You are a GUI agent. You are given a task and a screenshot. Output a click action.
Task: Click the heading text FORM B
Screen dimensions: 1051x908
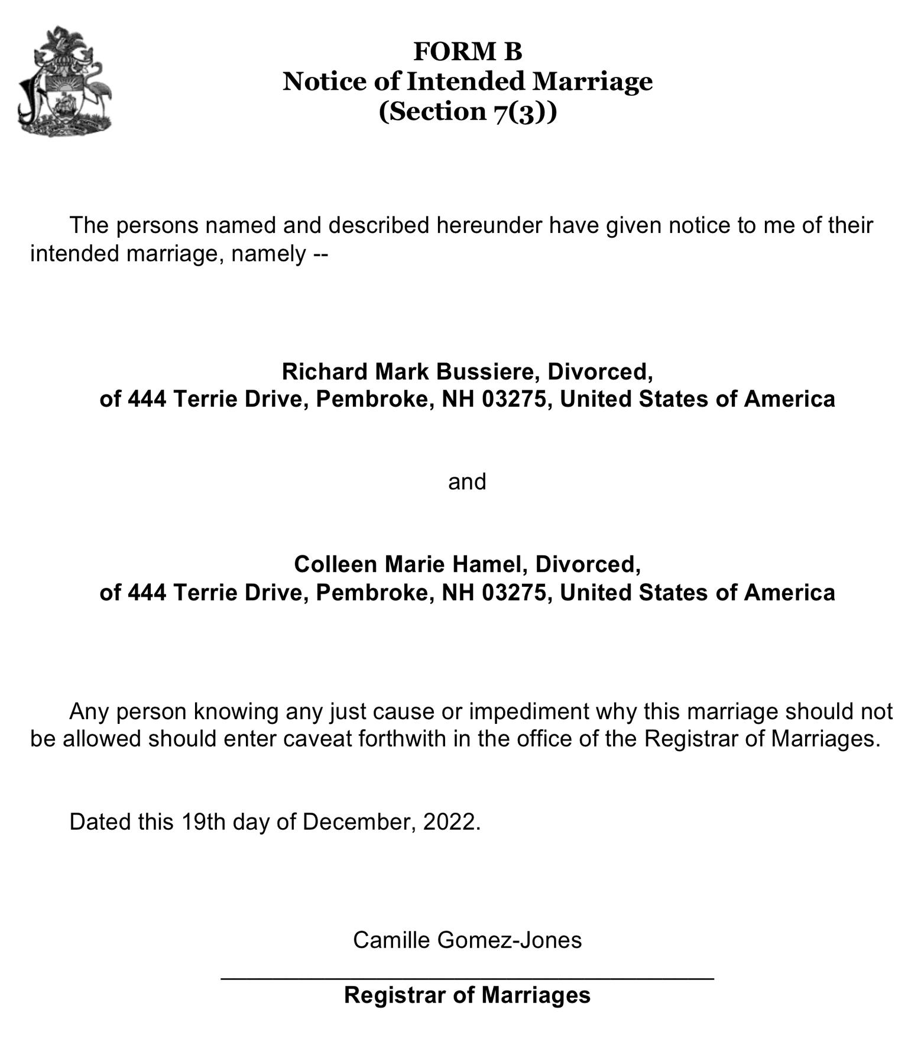[467, 51]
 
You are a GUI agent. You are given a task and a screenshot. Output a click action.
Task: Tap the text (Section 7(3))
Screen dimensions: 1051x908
[467, 111]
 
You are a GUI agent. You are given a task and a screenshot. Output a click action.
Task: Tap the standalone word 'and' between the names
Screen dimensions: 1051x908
[467, 482]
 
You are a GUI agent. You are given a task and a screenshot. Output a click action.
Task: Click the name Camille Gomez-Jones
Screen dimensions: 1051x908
[467, 940]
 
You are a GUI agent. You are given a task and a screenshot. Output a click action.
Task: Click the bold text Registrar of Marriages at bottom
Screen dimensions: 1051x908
[467, 995]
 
